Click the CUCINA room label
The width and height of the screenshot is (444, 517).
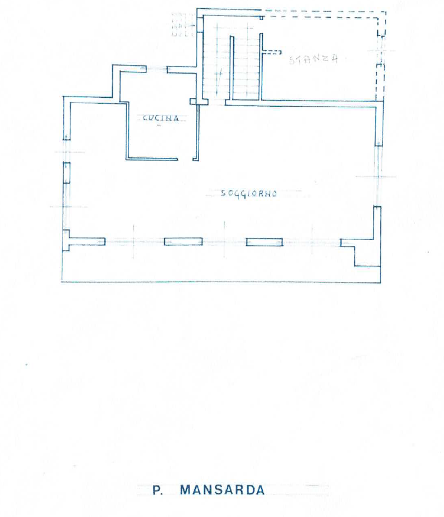click(161, 118)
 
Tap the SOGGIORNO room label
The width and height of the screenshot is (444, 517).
click(249, 193)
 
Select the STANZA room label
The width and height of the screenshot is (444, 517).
click(314, 59)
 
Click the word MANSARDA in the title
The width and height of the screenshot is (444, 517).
click(222, 490)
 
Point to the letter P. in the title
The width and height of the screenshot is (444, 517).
click(158, 490)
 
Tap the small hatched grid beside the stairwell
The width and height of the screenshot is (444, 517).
click(182, 25)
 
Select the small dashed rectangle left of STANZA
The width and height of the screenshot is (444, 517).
click(272, 52)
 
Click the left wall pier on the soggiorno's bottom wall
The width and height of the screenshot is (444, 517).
click(183, 242)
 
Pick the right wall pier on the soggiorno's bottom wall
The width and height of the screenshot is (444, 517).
click(265, 242)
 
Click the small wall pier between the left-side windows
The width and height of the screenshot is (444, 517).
click(66, 173)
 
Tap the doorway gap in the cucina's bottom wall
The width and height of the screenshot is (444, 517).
click(185, 160)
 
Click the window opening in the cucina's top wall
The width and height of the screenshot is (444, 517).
click(156, 69)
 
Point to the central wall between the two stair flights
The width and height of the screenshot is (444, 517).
click(231, 68)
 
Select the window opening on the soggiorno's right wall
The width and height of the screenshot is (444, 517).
click(378, 176)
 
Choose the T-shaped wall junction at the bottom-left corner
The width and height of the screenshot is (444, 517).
click(68, 241)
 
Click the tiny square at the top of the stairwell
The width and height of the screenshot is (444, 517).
click(261, 18)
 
